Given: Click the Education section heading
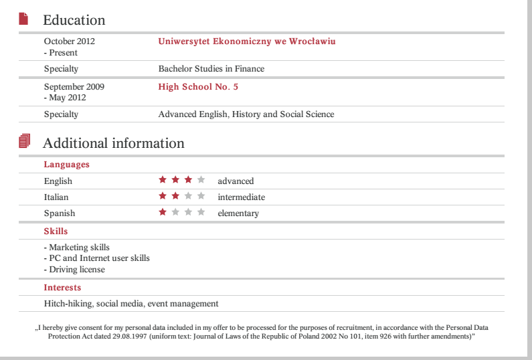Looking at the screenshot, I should (x=74, y=20).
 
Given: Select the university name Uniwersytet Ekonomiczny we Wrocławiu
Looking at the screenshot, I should (x=247, y=41).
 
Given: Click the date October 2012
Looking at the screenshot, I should (x=70, y=41).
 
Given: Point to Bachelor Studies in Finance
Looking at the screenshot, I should (x=211, y=69).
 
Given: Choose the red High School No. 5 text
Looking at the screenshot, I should (x=198, y=87).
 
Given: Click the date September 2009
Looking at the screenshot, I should (x=74, y=87).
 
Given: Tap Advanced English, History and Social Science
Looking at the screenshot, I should (x=246, y=114).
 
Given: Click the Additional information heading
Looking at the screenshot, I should (x=113, y=143).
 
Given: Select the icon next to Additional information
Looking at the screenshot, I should (x=25, y=141).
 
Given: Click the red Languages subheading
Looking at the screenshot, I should (x=66, y=165).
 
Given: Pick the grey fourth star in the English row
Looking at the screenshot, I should (x=201, y=180).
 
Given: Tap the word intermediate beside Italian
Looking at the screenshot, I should (x=241, y=197).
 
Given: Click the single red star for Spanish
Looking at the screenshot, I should (x=162, y=212).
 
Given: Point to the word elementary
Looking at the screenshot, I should (x=238, y=213).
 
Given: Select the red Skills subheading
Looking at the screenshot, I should (x=56, y=232).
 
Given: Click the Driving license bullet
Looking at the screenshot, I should (x=74, y=270).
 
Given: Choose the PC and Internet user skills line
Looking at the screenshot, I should (x=97, y=258).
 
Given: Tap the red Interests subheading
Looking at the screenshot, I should (x=62, y=288).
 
